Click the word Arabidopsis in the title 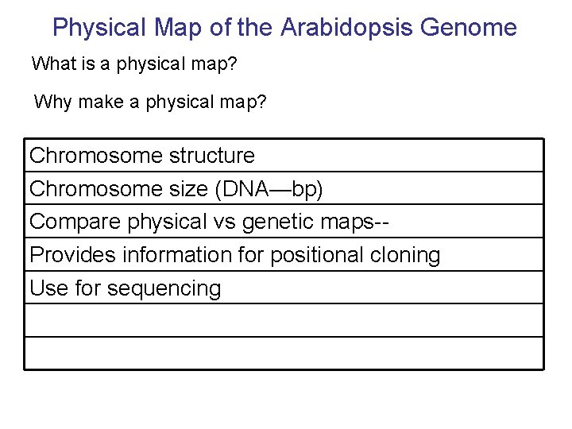[x=346, y=28]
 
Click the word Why [x=53, y=102]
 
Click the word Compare [x=75, y=222]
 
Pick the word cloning [x=406, y=256]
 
